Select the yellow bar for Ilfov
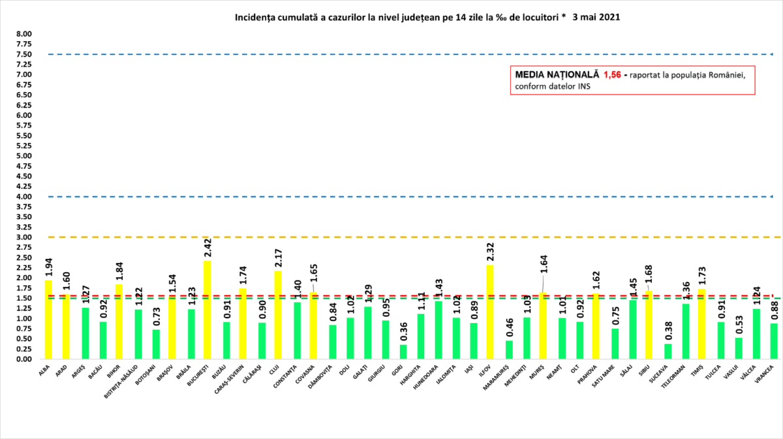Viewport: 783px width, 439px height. pyautogui.click(x=490, y=312)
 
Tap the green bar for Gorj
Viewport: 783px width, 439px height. pyautogui.click(x=403, y=352)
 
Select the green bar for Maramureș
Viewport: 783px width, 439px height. pyautogui.click(x=508, y=350)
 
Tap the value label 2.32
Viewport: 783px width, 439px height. pyautogui.click(x=490, y=252)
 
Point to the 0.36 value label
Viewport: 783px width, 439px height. pyautogui.click(x=403, y=332)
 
